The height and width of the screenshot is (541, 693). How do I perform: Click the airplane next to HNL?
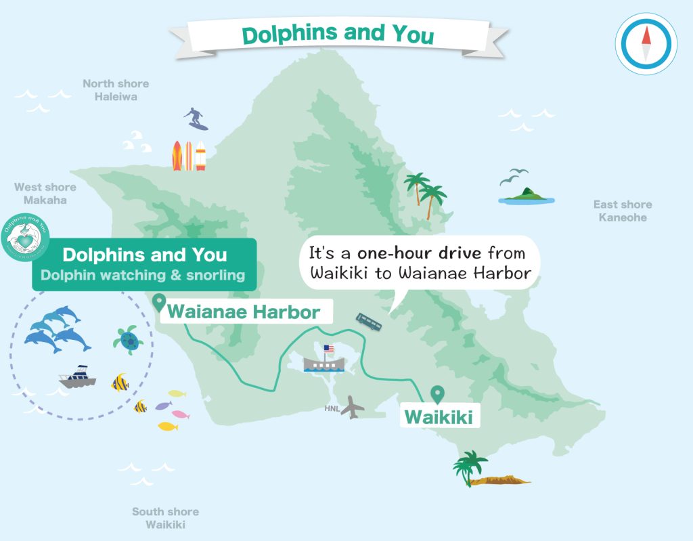click(353, 407)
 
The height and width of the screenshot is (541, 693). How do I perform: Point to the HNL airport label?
click(332, 408)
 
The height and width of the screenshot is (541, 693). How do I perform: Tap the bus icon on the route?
click(368, 322)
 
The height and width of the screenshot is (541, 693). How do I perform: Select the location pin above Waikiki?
click(438, 393)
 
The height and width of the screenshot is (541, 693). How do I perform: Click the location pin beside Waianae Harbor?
click(160, 302)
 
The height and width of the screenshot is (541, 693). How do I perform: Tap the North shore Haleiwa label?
click(116, 90)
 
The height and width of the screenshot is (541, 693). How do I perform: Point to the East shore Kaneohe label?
click(622, 211)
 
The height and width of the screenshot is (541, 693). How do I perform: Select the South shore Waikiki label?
click(165, 518)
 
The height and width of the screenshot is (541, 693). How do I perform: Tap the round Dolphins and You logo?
click(26, 238)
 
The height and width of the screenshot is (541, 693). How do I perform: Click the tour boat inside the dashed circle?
click(77, 378)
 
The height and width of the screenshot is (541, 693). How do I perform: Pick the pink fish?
click(180, 414)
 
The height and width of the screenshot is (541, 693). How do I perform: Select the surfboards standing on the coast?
click(189, 156)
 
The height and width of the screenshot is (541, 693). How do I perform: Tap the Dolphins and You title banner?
click(338, 34)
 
